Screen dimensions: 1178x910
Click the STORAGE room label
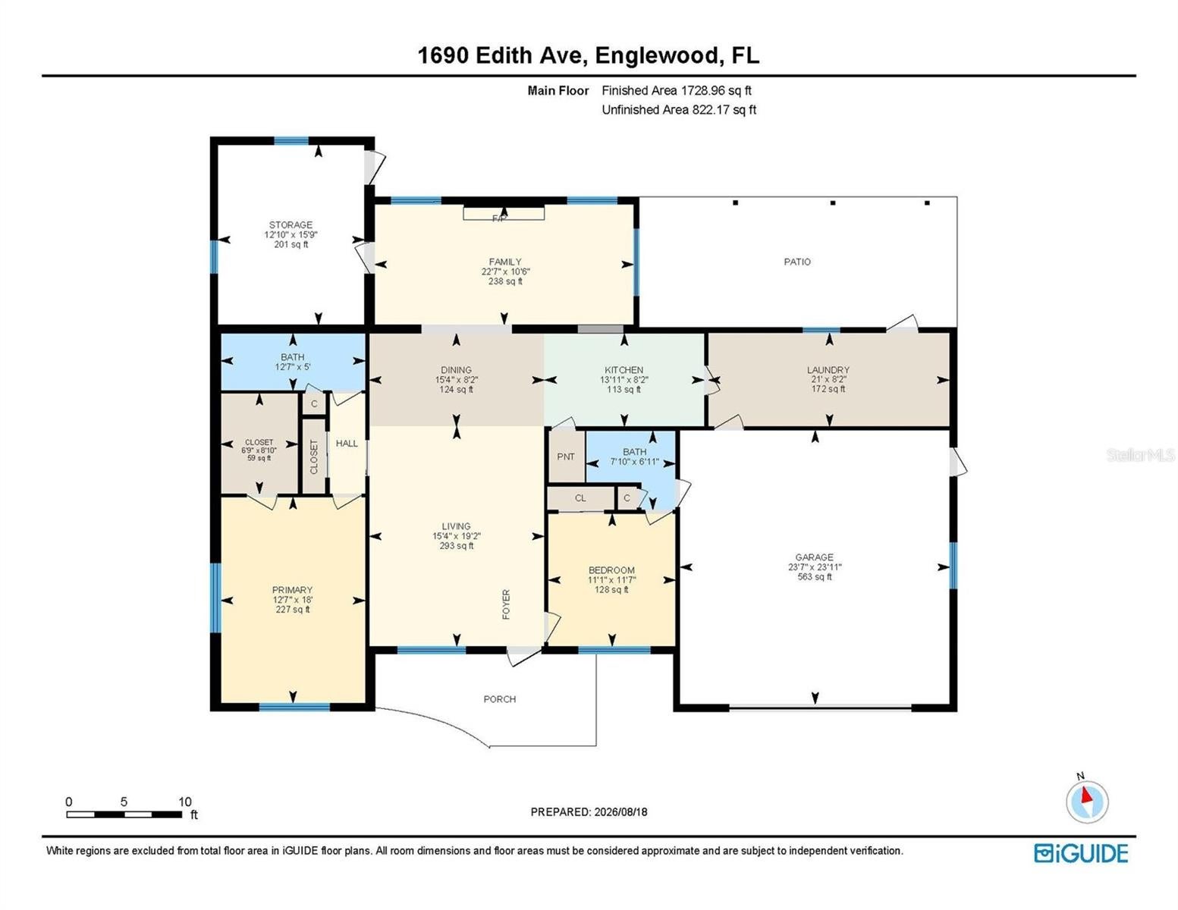coord(291,224)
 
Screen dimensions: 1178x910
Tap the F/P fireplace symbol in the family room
coord(503,214)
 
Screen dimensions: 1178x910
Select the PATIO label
coord(797,262)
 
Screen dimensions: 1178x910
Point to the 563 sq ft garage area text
coord(814,576)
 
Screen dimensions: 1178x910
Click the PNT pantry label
coord(566,457)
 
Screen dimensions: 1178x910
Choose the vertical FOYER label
coord(507,604)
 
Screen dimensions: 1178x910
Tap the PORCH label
coord(499,699)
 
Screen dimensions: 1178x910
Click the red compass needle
coord(1085,795)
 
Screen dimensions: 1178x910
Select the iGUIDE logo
coord(1081,852)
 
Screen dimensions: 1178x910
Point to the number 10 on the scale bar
coord(185,802)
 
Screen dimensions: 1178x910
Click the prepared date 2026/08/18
coord(620,812)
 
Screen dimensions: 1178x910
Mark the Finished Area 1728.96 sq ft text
coord(677,90)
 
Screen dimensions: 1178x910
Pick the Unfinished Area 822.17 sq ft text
coord(679,109)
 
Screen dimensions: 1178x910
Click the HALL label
coord(347,444)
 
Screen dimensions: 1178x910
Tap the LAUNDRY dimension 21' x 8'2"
coord(828,379)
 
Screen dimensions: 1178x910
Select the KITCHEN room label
coord(624,369)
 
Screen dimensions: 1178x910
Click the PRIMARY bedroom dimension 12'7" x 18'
coord(292,599)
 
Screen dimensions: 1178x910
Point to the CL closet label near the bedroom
coord(580,498)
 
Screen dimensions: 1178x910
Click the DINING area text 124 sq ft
coord(456,389)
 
